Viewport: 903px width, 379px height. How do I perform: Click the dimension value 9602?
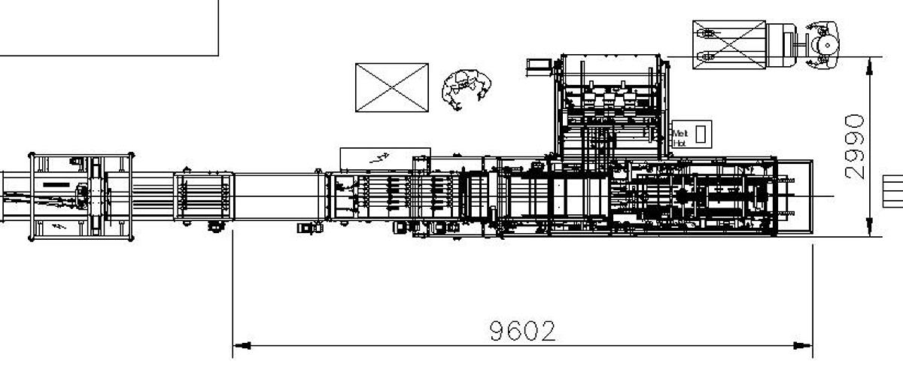[x=522, y=331]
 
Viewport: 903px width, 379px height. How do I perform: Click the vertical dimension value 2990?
[x=854, y=147]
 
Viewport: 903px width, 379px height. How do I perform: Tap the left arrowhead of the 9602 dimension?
[x=242, y=346]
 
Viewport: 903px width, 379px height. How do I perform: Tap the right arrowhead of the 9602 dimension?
[x=803, y=346]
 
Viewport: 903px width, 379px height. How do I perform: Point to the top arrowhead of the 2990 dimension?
[x=869, y=66]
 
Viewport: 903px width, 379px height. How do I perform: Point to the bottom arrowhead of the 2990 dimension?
[x=869, y=227]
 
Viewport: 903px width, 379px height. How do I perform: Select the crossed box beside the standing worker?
[x=392, y=87]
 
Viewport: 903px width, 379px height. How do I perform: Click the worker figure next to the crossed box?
[x=467, y=89]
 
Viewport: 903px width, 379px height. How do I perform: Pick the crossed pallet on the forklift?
[x=729, y=44]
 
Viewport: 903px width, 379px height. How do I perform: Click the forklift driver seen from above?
[x=822, y=44]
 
